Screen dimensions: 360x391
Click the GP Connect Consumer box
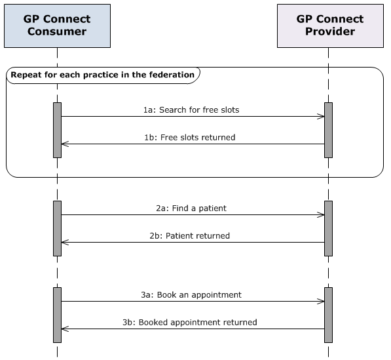click(x=57, y=26)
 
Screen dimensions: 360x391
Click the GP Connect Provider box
click(x=329, y=26)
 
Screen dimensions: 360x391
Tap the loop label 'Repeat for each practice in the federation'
click(x=103, y=75)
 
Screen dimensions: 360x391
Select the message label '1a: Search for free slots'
click(x=191, y=110)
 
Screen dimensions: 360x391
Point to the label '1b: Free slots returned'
click(x=189, y=138)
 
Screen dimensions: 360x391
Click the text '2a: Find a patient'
click(x=191, y=208)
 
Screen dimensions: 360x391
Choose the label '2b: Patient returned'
click(x=189, y=235)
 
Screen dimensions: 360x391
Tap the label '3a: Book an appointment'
click(x=191, y=295)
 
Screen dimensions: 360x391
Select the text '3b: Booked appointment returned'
click(x=189, y=323)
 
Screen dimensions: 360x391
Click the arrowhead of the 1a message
click(x=321, y=117)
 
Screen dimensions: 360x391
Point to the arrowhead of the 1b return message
click(x=64, y=144)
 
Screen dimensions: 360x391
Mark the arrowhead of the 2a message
click(x=321, y=214)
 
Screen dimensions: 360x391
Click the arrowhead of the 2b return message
click(x=64, y=242)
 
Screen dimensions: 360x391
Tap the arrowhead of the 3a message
click(x=321, y=302)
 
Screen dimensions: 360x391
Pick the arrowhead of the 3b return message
click(x=64, y=329)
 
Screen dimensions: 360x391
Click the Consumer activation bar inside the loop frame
click(x=57, y=130)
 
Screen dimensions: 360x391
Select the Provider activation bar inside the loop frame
click(x=328, y=130)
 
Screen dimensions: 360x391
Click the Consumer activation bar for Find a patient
click(x=57, y=228)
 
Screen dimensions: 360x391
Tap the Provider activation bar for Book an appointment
click(x=328, y=315)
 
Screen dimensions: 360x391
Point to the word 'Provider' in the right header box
click(x=329, y=31)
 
